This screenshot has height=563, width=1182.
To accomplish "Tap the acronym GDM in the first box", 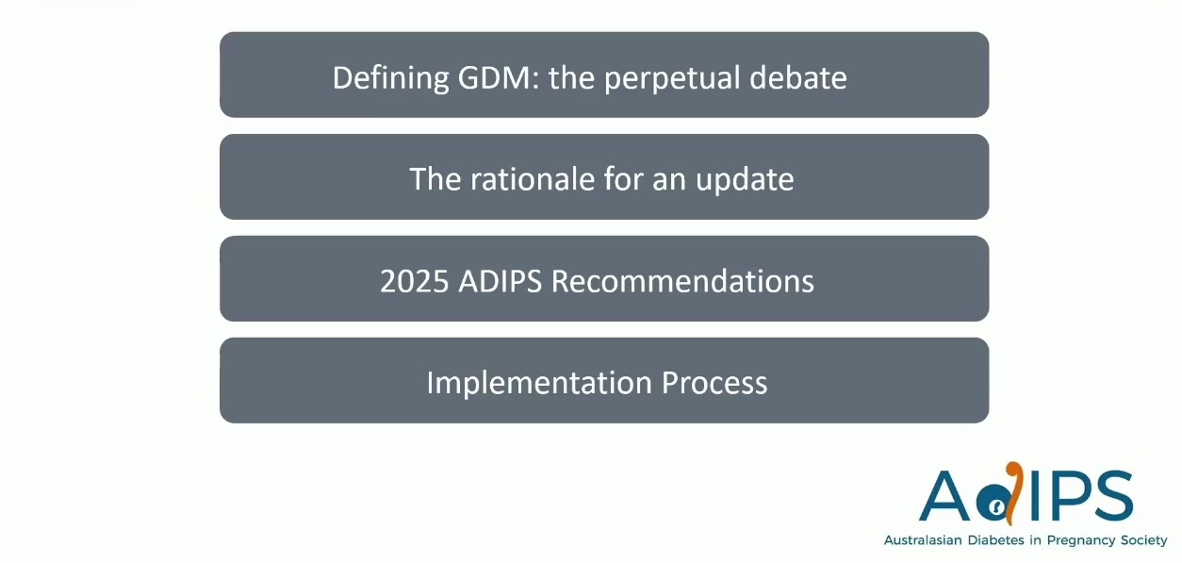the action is coord(494,77).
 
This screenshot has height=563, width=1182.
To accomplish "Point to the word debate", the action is coord(797,77).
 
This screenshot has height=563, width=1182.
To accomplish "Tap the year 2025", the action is coord(414,281).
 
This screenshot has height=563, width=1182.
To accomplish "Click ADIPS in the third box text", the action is coord(500,281).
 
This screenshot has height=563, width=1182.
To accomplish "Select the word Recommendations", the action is coord(682,281).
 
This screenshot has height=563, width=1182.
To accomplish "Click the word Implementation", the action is coord(539,384).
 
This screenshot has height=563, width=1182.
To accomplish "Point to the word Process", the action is coord(714,383).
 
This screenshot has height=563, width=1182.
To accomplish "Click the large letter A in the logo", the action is coord(944,496).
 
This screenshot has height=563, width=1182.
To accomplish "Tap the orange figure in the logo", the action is coord(1014,493).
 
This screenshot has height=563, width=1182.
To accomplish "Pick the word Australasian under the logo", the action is coord(923,540).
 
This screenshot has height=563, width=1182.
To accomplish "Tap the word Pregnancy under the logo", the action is coord(1081,541).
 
